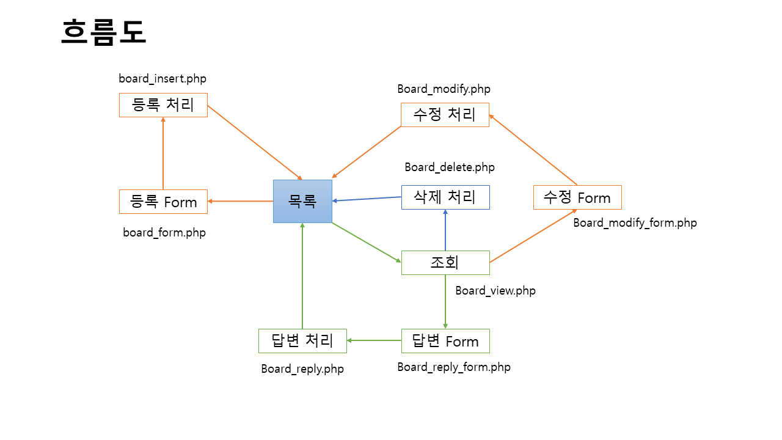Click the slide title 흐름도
click(x=104, y=32)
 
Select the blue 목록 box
click(x=302, y=201)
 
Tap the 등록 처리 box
click(x=163, y=105)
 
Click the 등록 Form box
click(x=163, y=202)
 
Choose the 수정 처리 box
click(x=445, y=115)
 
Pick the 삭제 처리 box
click(x=445, y=197)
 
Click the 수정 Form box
click(x=577, y=197)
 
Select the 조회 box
click(x=445, y=263)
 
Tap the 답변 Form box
click(x=445, y=341)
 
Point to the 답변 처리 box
click(x=302, y=341)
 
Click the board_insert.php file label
click(x=163, y=79)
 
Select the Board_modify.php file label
click(x=444, y=89)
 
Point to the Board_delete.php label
click(x=450, y=167)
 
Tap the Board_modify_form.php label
click(x=635, y=223)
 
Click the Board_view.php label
click(x=495, y=291)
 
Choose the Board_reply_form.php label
click(x=454, y=367)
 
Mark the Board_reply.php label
click(x=302, y=369)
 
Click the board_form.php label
click(x=164, y=233)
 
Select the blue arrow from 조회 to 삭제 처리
click(x=445, y=230)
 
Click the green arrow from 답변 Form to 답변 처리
click(x=374, y=340)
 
